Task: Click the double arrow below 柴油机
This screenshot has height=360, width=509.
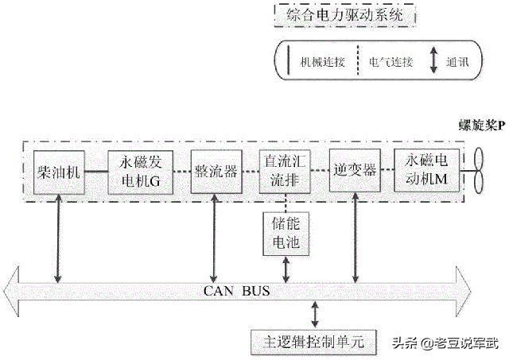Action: click(57, 240)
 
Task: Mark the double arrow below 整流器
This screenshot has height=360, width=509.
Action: click(212, 240)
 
